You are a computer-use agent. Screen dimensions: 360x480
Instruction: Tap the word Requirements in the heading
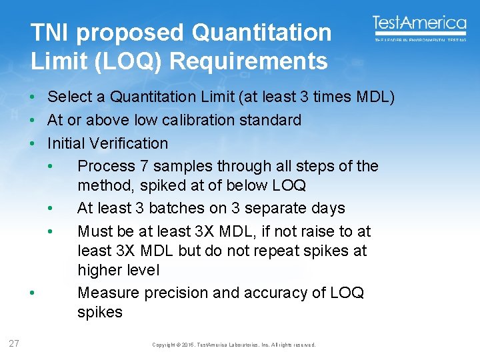(248, 61)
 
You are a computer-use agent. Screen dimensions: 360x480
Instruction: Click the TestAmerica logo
(419, 27)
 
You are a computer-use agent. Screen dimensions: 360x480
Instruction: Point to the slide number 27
(14, 344)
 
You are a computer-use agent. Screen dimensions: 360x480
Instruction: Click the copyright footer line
(234, 345)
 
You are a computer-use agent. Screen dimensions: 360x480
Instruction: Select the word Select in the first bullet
(70, 97)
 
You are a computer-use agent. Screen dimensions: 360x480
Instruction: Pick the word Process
(106, 166)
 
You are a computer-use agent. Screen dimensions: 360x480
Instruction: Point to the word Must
(95, 231)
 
